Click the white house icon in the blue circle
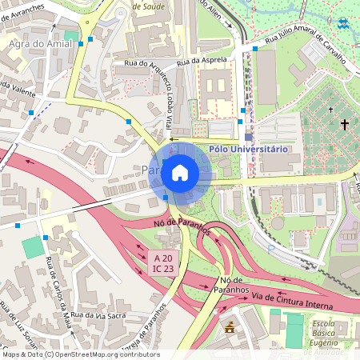coord(180,172)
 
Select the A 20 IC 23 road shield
coord(163,262)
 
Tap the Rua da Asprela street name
coord(202,60)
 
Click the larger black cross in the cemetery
coord(345,124)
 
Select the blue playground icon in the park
coord(343,24)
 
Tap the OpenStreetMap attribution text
coord(80,354)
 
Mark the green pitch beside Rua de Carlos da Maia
coord(34,247)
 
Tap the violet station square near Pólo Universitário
coord(248,138)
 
